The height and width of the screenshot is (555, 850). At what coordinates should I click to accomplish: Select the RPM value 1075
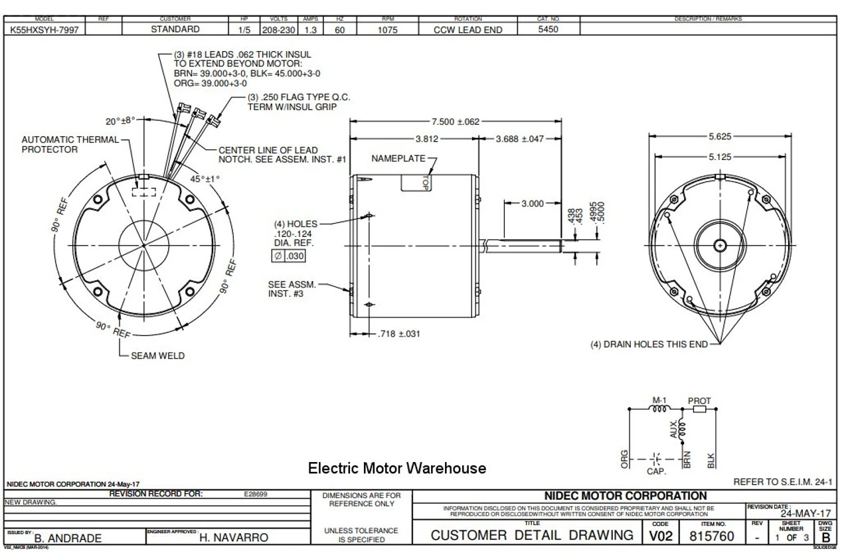(387, 29)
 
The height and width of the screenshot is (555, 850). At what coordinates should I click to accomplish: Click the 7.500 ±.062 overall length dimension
(455, 121)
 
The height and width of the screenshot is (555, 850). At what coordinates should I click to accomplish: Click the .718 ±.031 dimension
(398, 333)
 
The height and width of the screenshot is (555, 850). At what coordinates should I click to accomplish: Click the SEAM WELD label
(157, 356)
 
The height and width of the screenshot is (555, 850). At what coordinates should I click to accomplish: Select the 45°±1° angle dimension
(205, 179)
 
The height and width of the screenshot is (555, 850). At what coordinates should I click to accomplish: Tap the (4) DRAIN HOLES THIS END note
(648, 344)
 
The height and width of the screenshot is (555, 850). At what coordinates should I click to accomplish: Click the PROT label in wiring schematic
(699, 401)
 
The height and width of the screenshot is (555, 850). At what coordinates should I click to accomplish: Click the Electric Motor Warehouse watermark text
(396, 468)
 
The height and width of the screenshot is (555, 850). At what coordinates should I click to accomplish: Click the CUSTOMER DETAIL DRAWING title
(531, 535)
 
